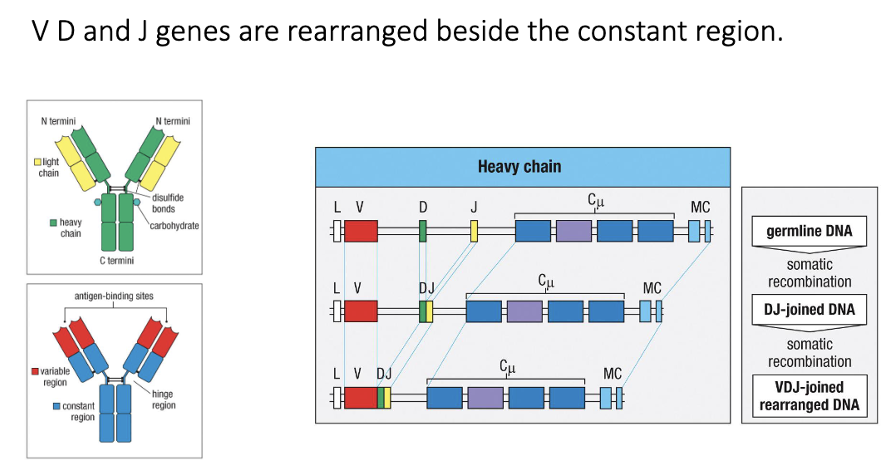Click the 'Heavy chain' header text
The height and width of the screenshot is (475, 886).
click(x=519, y=167)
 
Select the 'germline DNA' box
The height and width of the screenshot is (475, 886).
click(x=810, y=231)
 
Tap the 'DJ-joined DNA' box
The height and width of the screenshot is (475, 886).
click(x=810, y=310)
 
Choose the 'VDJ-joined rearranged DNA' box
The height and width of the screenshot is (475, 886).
click(x=810, y=397)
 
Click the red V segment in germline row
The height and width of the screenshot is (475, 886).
click(x=361, y=231)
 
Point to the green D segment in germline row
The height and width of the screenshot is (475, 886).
click(x=422, y=231)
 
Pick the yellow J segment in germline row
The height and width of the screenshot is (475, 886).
click(x=474, y=231)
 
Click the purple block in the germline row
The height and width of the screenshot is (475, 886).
click(x=573, y=231)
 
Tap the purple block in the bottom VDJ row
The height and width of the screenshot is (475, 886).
click(x=485, y=398)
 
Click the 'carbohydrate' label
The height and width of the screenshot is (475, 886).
click(x=175, y=225)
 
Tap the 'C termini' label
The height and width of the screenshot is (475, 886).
click(x=116, y=261)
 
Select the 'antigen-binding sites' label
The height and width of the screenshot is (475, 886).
click(x=114, y=296)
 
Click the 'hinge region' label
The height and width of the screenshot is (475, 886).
click(x=164, y=399)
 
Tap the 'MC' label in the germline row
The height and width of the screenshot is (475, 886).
click(x=700, y=207)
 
